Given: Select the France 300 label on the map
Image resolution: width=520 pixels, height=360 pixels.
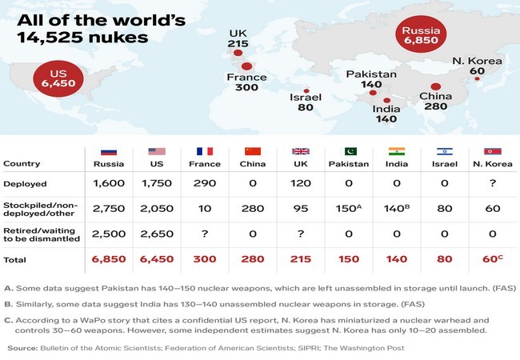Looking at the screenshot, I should point(246,87).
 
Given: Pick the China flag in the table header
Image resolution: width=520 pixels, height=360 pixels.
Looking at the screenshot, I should point(253,152).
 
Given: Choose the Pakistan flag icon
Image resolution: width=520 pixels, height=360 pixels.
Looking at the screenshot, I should point(350,152).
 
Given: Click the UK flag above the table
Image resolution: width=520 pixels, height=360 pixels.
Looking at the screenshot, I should point(301,152).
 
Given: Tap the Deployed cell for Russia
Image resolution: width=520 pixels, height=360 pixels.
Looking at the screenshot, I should point(110,183).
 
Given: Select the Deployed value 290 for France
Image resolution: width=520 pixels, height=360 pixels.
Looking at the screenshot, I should point(205,183).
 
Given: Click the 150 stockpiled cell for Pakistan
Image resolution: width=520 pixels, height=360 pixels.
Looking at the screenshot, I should point(349,209).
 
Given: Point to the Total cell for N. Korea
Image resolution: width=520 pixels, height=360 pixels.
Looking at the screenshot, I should point(492,260).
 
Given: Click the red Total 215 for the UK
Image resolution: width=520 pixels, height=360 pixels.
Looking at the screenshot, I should point(301,260).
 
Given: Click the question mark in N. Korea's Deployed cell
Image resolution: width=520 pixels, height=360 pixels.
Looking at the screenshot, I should point(493,183).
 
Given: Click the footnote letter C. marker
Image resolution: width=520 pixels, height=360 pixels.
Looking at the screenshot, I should point(9,318).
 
